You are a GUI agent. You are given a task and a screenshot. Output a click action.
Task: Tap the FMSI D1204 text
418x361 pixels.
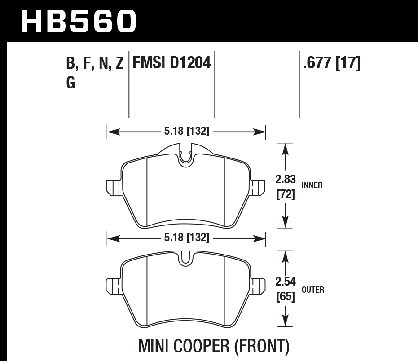pos(171,63)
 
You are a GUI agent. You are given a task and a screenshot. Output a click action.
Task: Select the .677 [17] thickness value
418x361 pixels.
pos(332,63)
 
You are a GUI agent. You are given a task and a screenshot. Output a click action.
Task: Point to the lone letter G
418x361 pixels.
pos(70,83)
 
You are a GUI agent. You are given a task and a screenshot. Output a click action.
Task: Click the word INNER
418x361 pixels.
pos(312,185)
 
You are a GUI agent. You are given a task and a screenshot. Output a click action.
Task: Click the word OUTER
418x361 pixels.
pos(313,290)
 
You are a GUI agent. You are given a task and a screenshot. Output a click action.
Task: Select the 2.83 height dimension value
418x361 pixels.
pos(285,180)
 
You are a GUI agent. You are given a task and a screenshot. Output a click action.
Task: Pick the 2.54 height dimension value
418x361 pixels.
pos(285,282)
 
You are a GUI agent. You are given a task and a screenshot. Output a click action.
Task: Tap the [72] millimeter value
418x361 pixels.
pos(285,195)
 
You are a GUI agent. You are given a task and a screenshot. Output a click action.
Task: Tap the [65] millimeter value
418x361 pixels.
pos(285,297)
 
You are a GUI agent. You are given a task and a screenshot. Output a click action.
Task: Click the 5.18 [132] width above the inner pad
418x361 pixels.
pos(186,132)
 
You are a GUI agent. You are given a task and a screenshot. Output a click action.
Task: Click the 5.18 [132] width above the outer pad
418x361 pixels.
pos(186,238)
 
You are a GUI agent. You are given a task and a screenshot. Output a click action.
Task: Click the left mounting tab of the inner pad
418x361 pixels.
pos(112,188)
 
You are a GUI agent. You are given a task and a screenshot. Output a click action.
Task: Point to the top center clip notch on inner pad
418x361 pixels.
pos(186,157)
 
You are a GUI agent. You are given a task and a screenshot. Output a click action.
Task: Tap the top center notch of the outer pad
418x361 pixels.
pos(186,260)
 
